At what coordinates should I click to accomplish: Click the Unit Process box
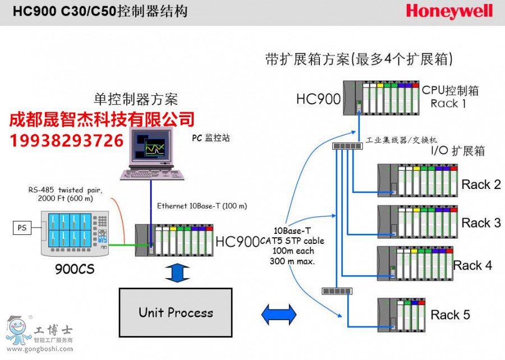coord(176,312)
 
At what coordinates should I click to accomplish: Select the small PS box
coord(22,228)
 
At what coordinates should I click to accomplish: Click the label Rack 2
coord(481,184)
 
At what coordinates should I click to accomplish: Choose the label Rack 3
coord(481,223)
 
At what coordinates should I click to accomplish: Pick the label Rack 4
coord(472,266)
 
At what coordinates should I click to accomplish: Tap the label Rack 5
coord(450,315)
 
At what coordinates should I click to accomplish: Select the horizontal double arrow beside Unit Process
coord(278,314)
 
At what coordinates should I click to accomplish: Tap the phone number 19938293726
coord(67,140)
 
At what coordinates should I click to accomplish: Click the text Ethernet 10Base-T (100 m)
coord(201,206)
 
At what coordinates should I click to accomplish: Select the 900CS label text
coord(75,270)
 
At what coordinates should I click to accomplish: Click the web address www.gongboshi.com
coord(39,349)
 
